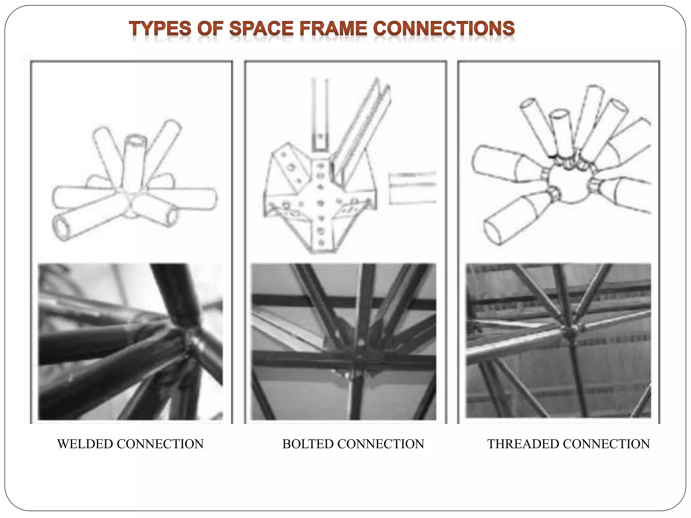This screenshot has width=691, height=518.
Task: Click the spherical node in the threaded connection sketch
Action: tap(569, 185)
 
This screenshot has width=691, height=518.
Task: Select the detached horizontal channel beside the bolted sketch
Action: tap(412, 188)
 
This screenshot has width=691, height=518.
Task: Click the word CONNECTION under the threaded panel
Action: tap(606, 444)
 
